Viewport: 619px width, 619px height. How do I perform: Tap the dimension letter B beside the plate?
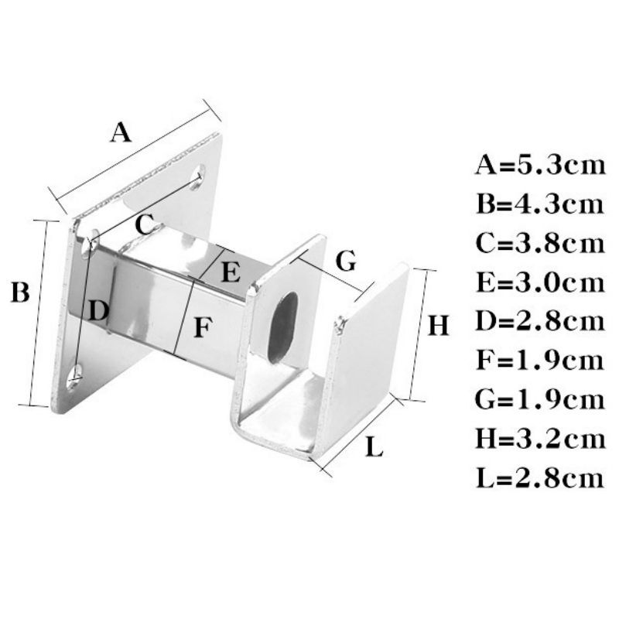point(20,293)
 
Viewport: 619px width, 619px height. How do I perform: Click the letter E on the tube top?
point(231,272)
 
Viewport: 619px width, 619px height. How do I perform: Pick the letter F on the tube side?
point(202,328)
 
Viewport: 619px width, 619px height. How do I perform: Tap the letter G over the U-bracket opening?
point(347,261)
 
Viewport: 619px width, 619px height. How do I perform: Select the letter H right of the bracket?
point(438,327)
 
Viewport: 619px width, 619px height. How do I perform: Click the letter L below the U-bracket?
point(374,447)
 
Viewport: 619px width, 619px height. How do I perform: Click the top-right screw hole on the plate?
point(198,176)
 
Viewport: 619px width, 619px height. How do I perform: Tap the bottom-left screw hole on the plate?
point(75,377)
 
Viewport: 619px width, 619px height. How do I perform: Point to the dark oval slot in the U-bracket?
point(283,325)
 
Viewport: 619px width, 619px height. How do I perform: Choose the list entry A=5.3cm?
point(539,166)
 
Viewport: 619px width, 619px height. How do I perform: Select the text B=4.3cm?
point(539,204)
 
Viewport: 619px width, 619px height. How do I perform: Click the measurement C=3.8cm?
point(539,243)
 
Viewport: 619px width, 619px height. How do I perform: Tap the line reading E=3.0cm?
point(539,282)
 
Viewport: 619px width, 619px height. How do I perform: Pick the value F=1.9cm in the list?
point(539,361)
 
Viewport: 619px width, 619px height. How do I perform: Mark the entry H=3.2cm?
point(539,439)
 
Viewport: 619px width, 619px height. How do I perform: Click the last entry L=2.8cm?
point(539,477)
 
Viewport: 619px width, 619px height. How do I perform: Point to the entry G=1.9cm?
point(539,399)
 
